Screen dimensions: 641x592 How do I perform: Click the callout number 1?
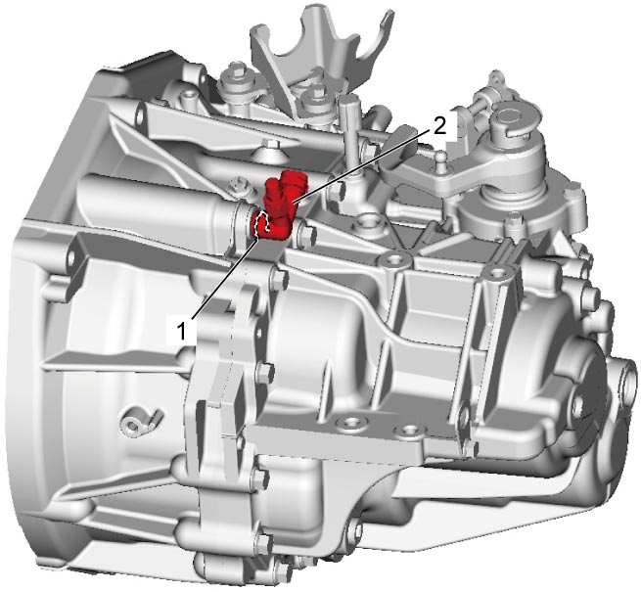click(x=181, y=331)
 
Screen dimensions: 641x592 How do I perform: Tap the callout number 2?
click(x=439, y=127)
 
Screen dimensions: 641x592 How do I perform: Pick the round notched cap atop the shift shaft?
click(x=512, y=118)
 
